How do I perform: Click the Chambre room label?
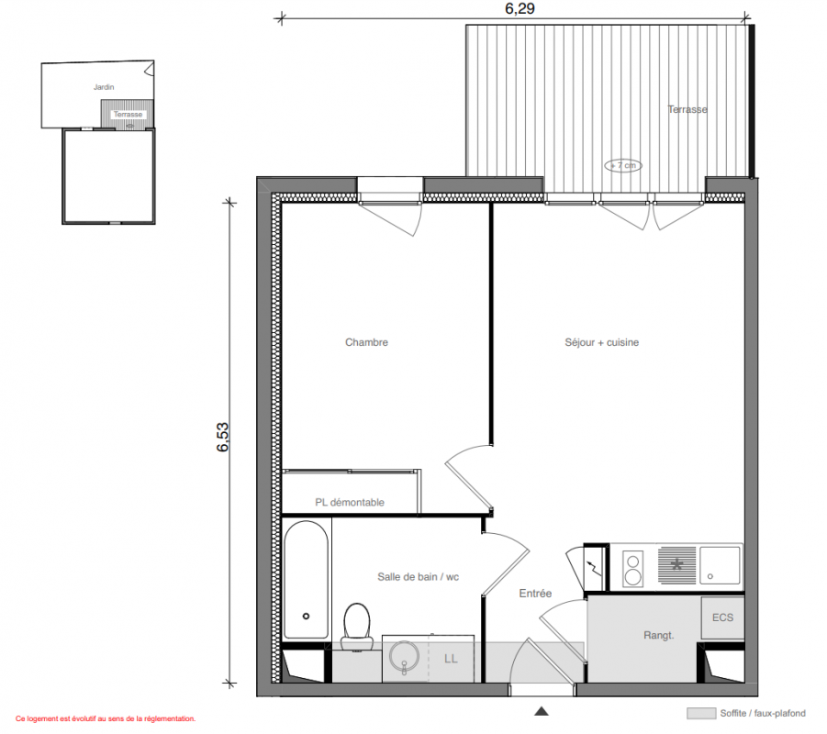[366, 342]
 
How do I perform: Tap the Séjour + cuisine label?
[602, 342]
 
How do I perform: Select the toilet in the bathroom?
[356, 627]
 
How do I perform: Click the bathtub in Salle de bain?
[306, 580]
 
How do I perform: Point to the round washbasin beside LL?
[404, 657]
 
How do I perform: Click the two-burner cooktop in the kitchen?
[633, 569]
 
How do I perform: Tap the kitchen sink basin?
[720, 565]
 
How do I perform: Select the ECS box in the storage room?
[722, 617]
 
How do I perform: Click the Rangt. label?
[659, 636]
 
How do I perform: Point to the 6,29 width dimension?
[520, 8]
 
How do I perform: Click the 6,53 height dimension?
[222, 437]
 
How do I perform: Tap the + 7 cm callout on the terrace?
[623, 165]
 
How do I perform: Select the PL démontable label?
[350, 503]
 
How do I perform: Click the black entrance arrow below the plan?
[542, 711]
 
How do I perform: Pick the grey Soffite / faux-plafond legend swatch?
[701, 714]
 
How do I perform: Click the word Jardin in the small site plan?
[104, 87]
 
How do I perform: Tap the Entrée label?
[535, 594]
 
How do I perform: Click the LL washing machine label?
[451, 659]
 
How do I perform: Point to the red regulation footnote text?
[106, 718]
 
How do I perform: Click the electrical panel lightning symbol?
[592, 568]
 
